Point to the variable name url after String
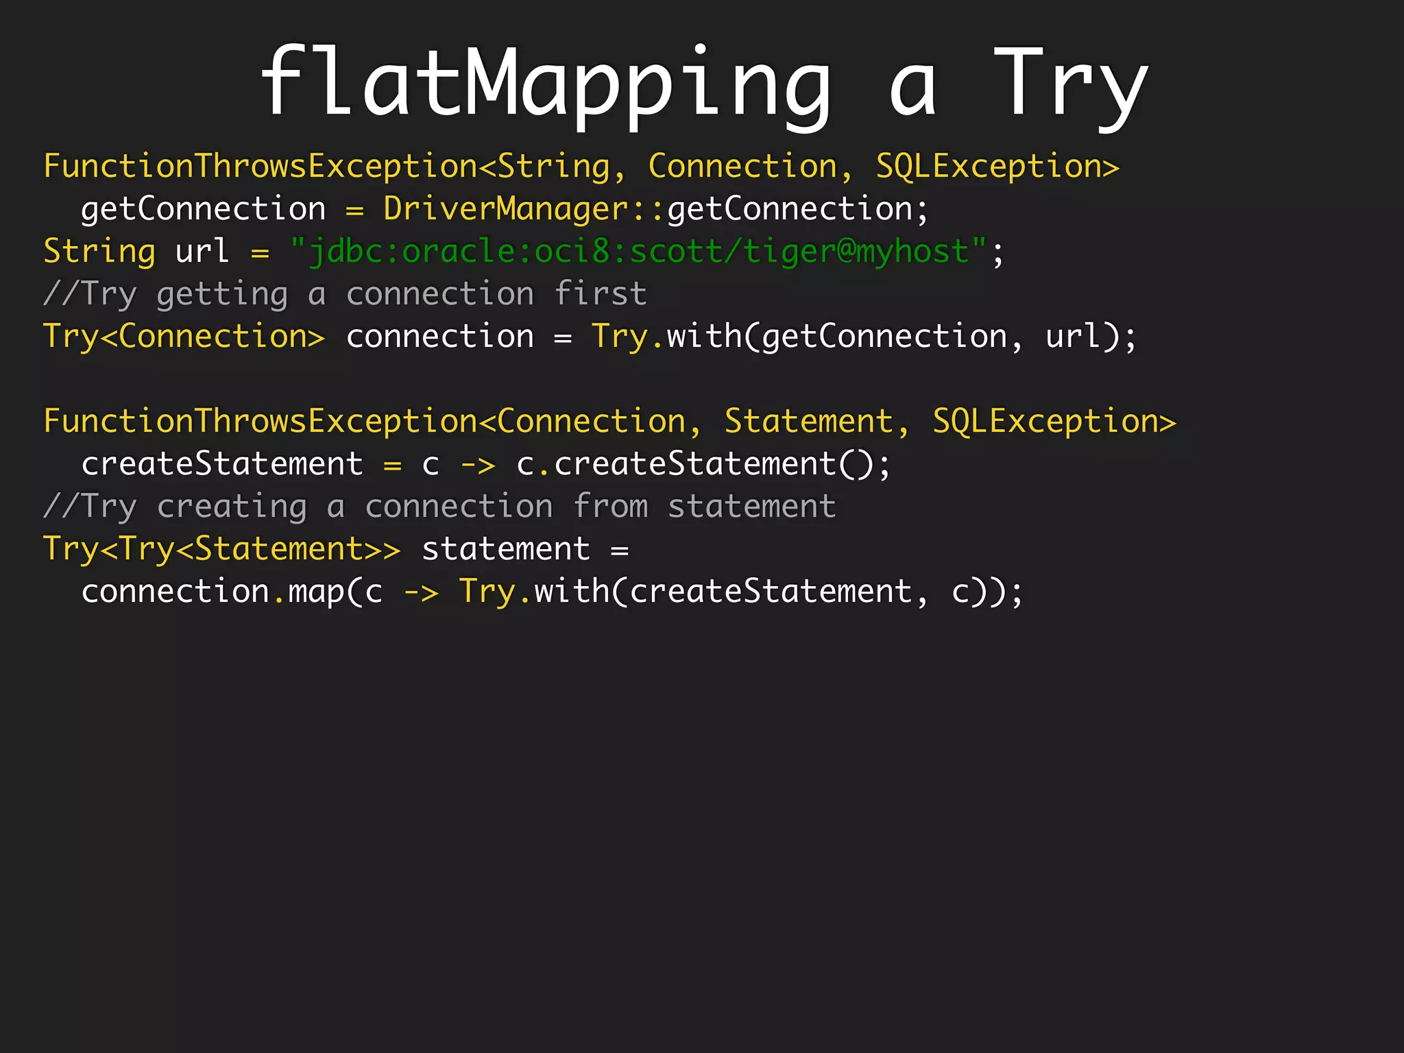click(202, 251)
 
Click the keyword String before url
click(99, 251)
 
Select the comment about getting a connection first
click(345, 294)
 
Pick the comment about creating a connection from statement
click(439, 507)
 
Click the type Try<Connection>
click(184, 337)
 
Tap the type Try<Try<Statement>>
click(221, 549)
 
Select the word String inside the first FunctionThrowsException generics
click(553, 167)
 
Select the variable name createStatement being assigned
click(221, 464)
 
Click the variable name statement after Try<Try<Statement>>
click(506, 549)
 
